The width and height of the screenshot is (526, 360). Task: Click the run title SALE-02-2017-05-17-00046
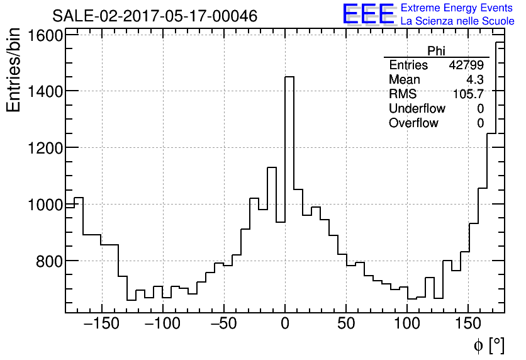(x=154, y=16)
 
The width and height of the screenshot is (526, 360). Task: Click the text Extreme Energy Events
(x=456, y=8)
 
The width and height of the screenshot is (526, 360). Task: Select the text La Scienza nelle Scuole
(x=457, y=21)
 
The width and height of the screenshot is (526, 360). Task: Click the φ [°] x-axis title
(x=489, y=345)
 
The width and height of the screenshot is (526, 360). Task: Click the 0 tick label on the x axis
(x=284, y=324)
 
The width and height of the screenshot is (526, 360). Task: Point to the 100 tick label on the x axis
(x=407, y=324)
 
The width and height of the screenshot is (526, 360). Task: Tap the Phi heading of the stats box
(x=436, y=52)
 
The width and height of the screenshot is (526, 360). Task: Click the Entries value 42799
(x=466, y=65)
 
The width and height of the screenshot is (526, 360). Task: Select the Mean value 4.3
(x=474, y=80)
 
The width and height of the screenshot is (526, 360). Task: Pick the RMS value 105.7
(x=468, y=94)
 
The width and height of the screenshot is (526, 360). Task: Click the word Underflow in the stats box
(x=417, y=109)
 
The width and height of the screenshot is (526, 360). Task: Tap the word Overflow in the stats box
(x=413, y=123)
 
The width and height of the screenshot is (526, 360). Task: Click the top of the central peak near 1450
(x=289, y=77)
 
